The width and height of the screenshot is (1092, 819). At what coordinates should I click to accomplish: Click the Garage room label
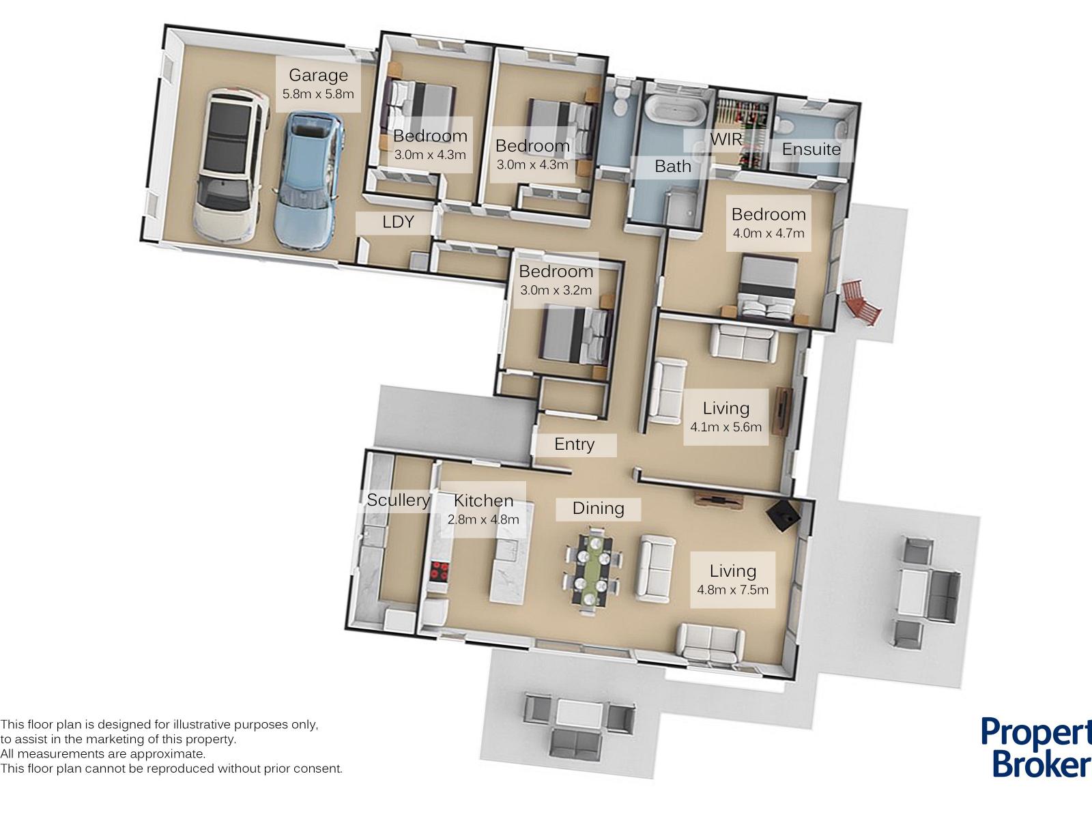[x=319, y=75]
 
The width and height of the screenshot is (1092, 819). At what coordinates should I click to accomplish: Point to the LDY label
[x=398, y=222]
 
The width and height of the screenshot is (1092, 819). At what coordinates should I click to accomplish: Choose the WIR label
[x=726, y=140]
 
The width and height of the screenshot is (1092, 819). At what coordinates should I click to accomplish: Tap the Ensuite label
[x=811, y=149]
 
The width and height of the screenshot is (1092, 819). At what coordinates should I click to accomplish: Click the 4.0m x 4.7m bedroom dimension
[x=768, y=233]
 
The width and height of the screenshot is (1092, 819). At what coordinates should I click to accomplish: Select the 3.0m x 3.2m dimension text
[x=556, y=291]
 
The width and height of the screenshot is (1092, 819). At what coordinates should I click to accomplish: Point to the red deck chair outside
[x=861, y=302]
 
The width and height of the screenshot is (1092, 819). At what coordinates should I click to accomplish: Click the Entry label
[x=574, y=444]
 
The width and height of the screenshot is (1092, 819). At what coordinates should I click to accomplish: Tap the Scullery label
[x=398, y=500]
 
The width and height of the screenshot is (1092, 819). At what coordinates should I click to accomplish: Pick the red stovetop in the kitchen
[x=440, y=571]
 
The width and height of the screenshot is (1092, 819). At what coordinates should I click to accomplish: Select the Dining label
[x=598, y=508]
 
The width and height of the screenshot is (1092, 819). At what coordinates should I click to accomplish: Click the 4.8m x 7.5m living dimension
[x=732, y=590]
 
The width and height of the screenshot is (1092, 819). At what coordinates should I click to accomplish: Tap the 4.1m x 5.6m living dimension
[x=726, y=427]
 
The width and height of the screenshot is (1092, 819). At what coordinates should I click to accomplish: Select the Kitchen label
[x=483, y=501]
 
